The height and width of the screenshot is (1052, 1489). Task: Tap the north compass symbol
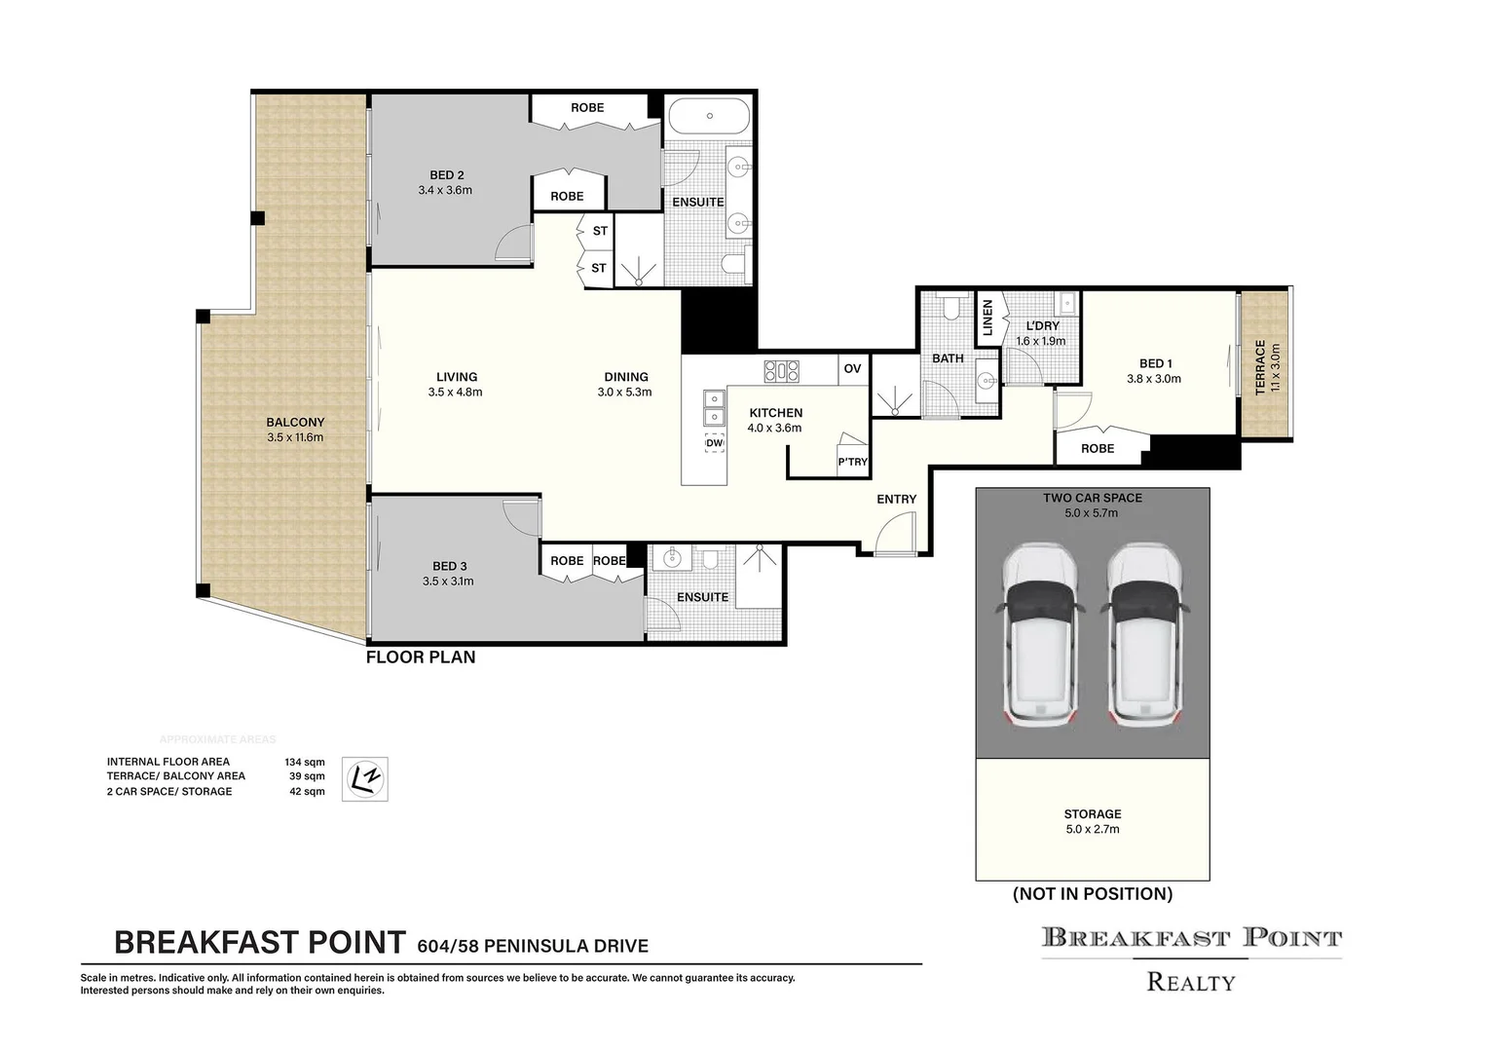[364, 779]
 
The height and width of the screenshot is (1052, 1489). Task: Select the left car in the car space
[1038, 634]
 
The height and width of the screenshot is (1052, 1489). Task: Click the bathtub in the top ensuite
[708, 117]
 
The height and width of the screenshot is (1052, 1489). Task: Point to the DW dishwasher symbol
[715, 443]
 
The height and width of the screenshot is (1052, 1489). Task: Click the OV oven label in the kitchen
[852, 369]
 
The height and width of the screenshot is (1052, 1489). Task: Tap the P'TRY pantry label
[852, 462]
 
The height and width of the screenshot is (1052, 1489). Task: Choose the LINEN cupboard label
[987, 318]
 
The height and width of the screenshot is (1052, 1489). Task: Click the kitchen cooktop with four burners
[781, 370]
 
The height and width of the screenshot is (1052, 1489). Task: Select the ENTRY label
[896, 500]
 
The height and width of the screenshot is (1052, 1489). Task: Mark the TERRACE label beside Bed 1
[1260, 366]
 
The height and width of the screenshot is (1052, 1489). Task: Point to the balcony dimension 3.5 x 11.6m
[295, 438]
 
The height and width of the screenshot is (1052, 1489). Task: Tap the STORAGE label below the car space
[1093, 814]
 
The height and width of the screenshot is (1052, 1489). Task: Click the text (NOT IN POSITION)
[1093, 894]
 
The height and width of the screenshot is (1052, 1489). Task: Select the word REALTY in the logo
[1191, 982]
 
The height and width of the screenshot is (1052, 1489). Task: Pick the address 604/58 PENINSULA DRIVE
[532, 946]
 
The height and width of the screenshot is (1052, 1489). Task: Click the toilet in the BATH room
[954, 309]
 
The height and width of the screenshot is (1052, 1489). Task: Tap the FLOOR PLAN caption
[421, 657]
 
